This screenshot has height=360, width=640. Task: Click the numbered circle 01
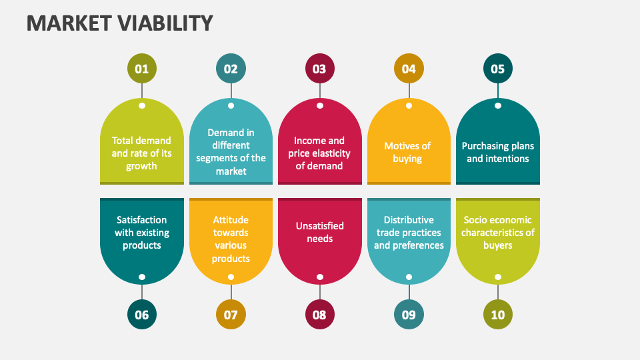(142, 69)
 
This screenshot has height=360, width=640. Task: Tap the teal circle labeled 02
(231, 69)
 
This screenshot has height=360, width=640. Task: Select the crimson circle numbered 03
(319, 69)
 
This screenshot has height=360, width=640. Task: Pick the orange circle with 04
(409, 69)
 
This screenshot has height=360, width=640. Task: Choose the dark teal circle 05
(498, 69)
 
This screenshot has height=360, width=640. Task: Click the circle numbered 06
(142, 315)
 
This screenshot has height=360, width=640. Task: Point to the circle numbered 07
(231, 315)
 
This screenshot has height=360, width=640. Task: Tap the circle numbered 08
(319, 315)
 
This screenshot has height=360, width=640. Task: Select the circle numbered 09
(409, 315)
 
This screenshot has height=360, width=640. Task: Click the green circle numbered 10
(498, 315)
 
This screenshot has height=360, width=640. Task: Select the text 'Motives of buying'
(407, 152)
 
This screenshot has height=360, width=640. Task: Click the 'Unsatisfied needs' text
(319, 232)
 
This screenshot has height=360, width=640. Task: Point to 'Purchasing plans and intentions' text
(498, 152)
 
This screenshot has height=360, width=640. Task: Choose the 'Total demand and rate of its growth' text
(141, 153)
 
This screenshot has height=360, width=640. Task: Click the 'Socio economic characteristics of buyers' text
(498, 232)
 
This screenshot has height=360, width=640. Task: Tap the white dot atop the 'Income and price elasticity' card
(320, 105)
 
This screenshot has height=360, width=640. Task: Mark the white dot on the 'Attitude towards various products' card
(231, 277)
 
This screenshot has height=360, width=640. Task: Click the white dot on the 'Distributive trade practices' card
(409, 277)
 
